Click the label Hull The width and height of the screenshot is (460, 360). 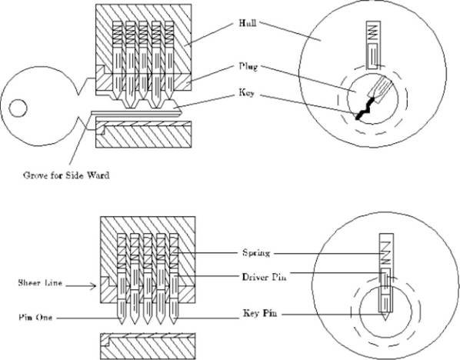pos(248,23)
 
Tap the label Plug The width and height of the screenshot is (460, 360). pos(248,67)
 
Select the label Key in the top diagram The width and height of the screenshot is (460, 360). pos(246,93)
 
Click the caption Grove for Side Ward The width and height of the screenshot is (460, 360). pos(66,175)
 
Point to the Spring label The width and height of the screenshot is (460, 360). pos(256,252)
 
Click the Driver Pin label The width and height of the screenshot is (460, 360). pos(264,277)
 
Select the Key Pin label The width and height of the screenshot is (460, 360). pos(260,313)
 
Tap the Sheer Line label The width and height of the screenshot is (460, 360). pos(40,283)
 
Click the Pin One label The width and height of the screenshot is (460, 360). pos(35,318)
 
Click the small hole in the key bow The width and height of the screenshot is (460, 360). pos(18,108)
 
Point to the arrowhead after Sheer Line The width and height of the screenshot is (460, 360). pos(94,286)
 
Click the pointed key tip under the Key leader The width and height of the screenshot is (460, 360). pos(181,112)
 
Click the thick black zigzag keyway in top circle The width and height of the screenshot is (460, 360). pos(365,108)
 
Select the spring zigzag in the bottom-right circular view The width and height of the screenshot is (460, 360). pos(386,253)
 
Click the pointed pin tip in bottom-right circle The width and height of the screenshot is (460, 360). pos(385,318)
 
